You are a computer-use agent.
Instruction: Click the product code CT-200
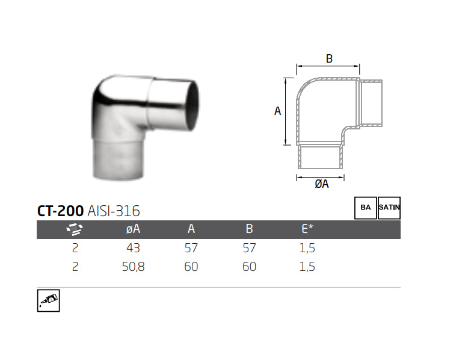point(60,211)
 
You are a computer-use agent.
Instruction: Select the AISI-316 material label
point(114,211)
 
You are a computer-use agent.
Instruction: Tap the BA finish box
point(365,208)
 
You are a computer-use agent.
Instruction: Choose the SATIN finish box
point(389,208)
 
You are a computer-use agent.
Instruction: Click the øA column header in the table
point(133,229)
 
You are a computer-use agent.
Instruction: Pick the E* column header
point(307,229)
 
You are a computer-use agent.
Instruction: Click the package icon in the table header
point(75,229)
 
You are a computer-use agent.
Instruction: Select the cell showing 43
point(133,248)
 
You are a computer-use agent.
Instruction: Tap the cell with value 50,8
point(133,267)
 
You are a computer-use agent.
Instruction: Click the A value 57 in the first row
point(191,248)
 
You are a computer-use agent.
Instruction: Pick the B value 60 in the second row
point(249,267)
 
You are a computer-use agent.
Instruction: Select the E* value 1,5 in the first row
point(307,248)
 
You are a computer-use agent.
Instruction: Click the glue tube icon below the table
point(49,300)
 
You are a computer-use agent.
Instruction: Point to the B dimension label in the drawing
point(329,58)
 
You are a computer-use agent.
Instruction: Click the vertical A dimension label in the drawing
point(277,111)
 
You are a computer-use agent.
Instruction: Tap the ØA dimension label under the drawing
point(322,184)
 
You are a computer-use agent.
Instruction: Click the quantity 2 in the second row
point(75,267)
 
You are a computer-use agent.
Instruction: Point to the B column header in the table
point(249,229)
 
